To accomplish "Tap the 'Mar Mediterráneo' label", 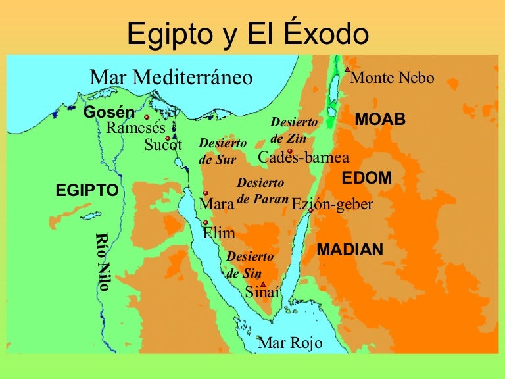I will click(x=171, y=77).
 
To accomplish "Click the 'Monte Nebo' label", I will click(x=393, y=78).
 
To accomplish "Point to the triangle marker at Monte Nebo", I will click(x=347, y=69).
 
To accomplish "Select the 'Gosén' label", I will click(x=109, y=112).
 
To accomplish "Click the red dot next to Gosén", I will click(x=147, y=118).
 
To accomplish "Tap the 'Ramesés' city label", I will click(x=135, y=128).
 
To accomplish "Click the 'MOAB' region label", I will click(x=380, y=120).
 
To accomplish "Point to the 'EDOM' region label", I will click(x=367, y=178).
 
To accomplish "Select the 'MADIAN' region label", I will click(x=350, y=250).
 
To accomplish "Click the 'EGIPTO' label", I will click(x=87, y=191).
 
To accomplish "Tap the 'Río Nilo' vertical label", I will click(x=102, y=261).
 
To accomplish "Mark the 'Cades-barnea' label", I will click(x=304, y=157).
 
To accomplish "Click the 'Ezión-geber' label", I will click(x=332, y=205).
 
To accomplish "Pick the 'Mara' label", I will click(x=216, y=205).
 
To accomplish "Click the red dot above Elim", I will click(x=206, y=222).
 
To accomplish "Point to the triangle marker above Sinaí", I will click(x=262, y=284).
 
